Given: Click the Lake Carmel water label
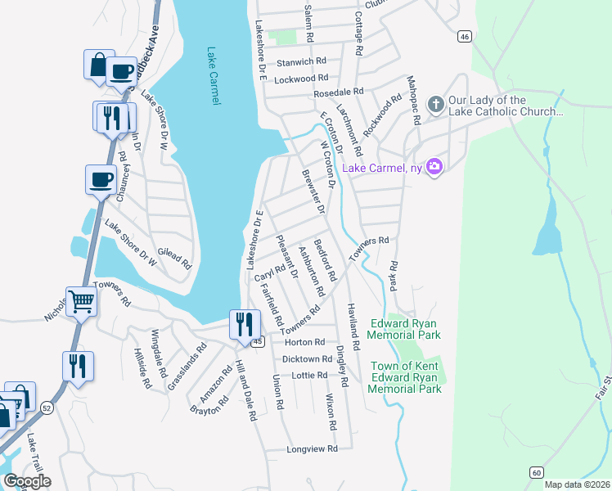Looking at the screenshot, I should coord(214,75).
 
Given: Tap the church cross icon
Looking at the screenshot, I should coord(435,105).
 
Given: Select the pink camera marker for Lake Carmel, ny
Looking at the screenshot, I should coord(434,168).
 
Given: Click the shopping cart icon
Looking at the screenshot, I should coord(82,302).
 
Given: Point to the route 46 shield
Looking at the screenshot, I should coord(464,36).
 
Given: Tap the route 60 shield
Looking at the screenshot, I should coord(536,472).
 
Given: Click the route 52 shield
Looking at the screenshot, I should coord(47,407).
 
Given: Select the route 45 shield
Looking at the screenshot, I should coord(257,341).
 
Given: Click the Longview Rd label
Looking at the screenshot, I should coord(313,449).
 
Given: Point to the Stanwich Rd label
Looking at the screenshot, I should coord(302,61).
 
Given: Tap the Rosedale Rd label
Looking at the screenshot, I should coord(339,93).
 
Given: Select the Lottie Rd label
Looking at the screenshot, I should coord(310,375).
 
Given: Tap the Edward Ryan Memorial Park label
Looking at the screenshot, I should coord(404,329).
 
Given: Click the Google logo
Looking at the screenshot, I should coord(27,481).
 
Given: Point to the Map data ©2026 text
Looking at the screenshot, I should coord(577,484).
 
